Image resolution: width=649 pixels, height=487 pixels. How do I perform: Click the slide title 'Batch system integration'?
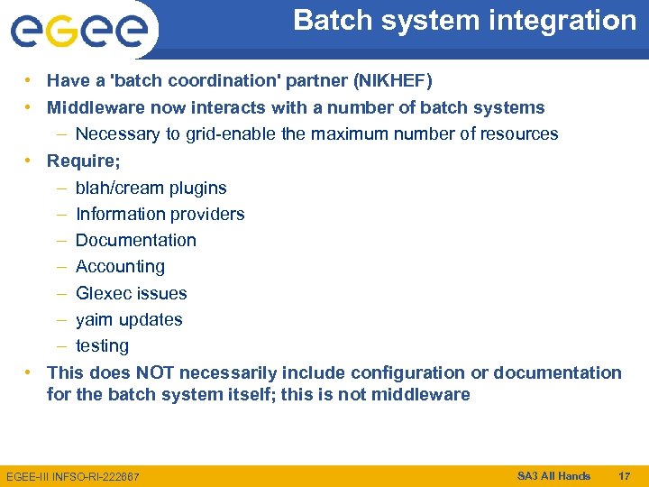click(464, 21)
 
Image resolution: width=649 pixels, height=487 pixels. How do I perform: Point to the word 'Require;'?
click(83, 161)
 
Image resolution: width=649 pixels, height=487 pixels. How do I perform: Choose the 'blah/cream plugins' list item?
click(151, 188)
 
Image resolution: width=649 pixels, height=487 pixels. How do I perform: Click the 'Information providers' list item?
click(160, 215)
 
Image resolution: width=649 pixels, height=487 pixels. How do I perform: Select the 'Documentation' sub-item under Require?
click(135, 241)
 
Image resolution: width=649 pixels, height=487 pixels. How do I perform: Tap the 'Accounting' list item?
click(120, 267)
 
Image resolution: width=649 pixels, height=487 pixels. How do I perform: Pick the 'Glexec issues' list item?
click(131, 293)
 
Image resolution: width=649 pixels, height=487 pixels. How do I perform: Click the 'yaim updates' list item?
click(129, 319)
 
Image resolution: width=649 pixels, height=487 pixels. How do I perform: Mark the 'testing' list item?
click(102, 346)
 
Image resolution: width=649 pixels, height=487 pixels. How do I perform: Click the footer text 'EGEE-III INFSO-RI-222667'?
click(72, 476)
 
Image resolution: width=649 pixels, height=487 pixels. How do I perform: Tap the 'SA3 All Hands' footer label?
click(553, 475)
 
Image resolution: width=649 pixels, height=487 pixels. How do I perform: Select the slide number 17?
click(624, 475)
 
